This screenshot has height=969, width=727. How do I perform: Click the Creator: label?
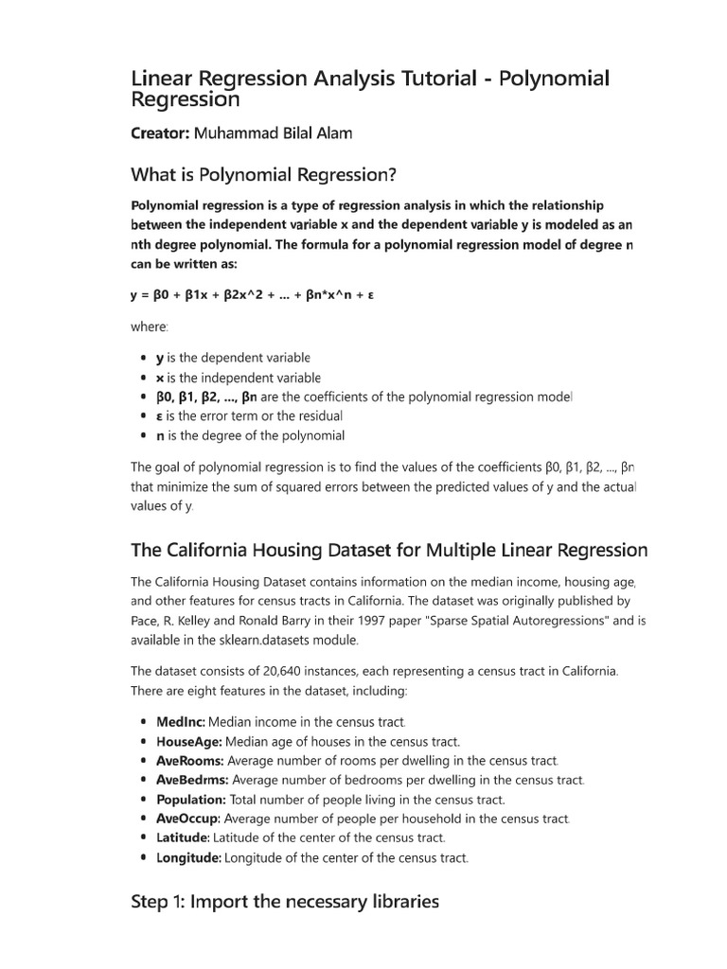click(x=160, y=133)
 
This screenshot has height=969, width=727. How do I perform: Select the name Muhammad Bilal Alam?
click(x=273, y=133)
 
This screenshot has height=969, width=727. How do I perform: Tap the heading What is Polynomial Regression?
click(x=263, y=176)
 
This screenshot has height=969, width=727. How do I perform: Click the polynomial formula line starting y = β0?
click(x=252, y=294)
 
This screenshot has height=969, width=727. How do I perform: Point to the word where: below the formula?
click(x=149, y=326)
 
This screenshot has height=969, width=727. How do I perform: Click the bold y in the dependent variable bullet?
click(x=160, y=358)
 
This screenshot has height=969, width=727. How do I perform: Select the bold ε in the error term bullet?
click(x=160, y=416)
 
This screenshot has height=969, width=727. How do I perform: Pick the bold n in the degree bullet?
click(x=160, y=436)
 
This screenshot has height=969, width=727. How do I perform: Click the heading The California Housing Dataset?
click(x=389, y=550)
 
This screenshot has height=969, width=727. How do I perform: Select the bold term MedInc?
click(x=180, y=722)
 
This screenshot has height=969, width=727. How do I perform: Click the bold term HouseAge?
click(x=188, y=742)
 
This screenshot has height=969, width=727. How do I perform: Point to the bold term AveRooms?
click(x=189, y=761)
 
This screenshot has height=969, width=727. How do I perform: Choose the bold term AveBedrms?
click(x=192, y=780)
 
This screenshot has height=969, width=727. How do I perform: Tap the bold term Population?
click(x=190, y=800)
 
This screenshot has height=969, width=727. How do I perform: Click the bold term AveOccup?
click(x=188, y=819)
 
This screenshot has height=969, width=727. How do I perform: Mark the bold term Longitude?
click(x=188, y=857)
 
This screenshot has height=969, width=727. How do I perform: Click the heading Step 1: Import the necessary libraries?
click(x=285, y=902)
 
